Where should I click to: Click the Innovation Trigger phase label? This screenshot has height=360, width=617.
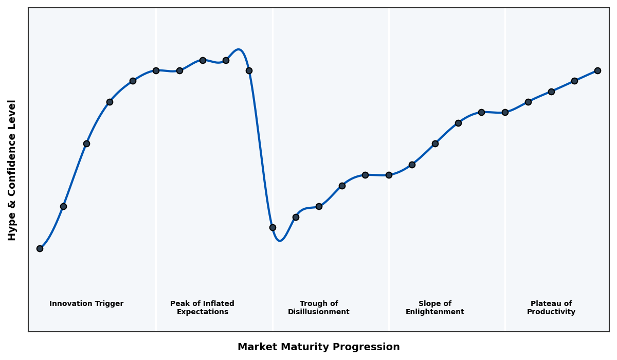pos(86,304)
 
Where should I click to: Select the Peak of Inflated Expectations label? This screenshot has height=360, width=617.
pos(202,308)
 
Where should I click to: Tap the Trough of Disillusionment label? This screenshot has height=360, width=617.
pos(319,308)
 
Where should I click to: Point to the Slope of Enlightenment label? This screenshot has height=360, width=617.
pos(435,308)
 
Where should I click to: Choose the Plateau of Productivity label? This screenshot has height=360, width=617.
pos(551,308)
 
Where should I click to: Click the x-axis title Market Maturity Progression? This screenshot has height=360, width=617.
pos(319,347)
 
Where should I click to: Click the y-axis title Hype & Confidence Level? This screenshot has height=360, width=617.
pos(12,170)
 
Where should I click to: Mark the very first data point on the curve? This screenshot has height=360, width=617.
pos(40,248)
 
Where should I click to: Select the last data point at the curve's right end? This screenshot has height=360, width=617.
pos(597,70)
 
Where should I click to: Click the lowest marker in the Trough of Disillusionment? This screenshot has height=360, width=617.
pos(273,227)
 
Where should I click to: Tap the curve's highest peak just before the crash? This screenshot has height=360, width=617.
pos(238,49)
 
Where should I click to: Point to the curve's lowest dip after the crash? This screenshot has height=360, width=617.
pos(280,240)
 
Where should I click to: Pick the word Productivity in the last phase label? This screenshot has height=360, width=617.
pos(551,312)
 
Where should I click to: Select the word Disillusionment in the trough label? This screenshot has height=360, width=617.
pos(319,312)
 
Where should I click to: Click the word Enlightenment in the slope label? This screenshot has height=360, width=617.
pos(435,312)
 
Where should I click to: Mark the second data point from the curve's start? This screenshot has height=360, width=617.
pos(63,206)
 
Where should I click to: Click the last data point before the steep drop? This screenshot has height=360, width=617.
pos(249,70)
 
